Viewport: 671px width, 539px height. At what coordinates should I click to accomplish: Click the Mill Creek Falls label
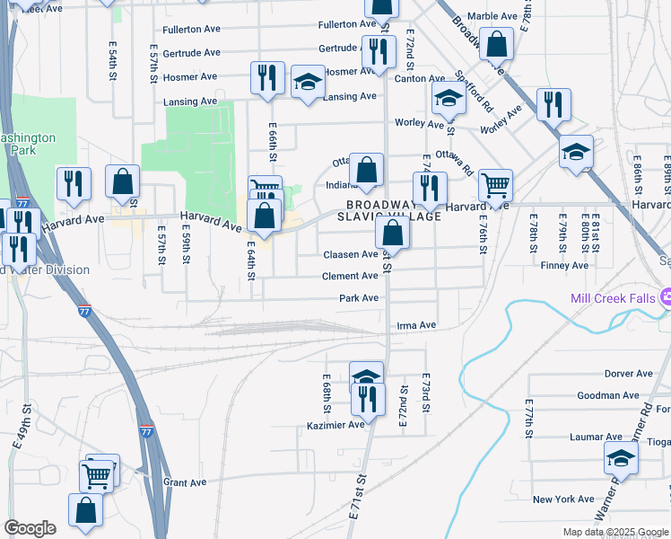click(x=614, y=297)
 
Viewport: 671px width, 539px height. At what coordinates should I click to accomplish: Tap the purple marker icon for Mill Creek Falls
click(x=666, y=297)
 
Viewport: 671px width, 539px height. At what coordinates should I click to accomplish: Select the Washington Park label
click(x=27, y=145)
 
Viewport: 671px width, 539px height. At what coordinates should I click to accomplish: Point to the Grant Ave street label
click(x=185, y=482)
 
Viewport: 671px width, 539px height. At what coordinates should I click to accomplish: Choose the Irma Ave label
click(x=416, y=324)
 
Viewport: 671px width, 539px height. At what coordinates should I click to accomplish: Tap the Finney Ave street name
click(x=564, y=265)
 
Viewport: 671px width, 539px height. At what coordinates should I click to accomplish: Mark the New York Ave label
click(x=562, y=499)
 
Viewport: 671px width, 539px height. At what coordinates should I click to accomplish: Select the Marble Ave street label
click(x=492, y=16)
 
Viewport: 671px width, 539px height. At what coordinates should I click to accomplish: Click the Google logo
click(x=30, y=528)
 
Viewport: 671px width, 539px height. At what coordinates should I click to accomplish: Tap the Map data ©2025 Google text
click(x=615, y=532)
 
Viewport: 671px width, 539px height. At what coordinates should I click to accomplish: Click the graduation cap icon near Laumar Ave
click(x=621, y=458)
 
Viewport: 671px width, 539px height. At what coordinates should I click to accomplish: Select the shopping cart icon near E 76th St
click(x=495, y=185)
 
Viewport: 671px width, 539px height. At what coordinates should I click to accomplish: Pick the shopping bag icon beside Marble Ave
click(x=495, y=43)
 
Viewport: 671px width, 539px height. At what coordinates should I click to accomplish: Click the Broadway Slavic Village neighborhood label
click(x=388, y=210)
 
